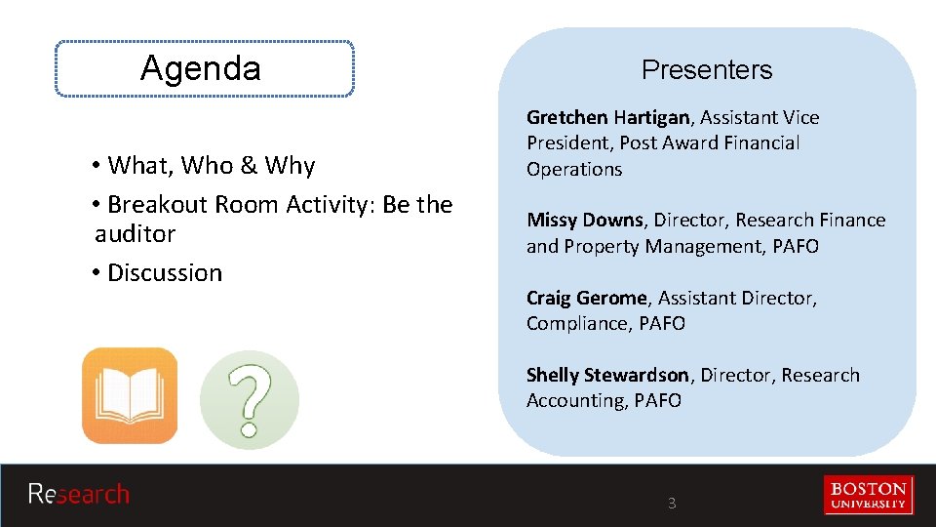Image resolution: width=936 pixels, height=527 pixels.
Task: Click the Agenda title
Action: (201, 68)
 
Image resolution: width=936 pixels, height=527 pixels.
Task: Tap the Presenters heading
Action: (707, 70)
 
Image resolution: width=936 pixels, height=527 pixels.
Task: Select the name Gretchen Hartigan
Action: (608, 118)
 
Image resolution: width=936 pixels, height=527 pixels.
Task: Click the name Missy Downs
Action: (585, 221)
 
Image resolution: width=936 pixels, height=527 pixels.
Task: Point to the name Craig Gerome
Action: (586, 298)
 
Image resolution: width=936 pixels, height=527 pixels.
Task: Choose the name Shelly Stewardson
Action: (607, 375)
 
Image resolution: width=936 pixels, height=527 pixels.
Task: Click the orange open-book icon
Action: (130, 395)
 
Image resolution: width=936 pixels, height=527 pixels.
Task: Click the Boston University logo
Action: (869, 494)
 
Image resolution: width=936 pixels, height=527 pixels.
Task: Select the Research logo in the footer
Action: (79, 494)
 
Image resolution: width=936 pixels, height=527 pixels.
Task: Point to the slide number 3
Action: (672, 504)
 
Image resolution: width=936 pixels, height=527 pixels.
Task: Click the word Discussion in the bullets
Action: (165, 273)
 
